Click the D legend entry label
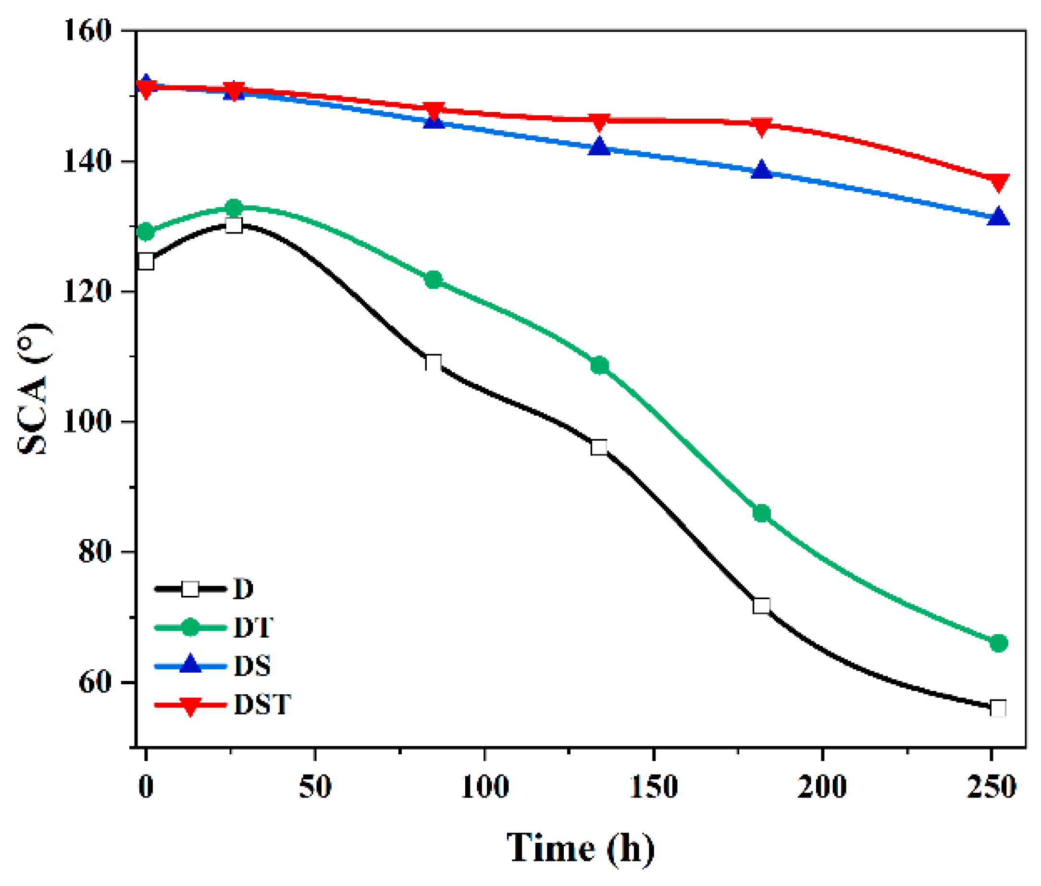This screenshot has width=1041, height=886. pos(243,589)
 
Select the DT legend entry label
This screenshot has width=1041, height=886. pos(253,628)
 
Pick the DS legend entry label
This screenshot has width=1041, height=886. pos(252,665)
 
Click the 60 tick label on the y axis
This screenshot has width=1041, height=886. pos(95,683)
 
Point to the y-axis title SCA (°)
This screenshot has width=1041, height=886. pos(34,389)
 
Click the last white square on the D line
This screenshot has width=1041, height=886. pos(998,709)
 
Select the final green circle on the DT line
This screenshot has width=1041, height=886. pos(998,643)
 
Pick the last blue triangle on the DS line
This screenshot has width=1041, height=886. pos(998,217)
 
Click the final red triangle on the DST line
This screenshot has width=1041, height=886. pos(998,182)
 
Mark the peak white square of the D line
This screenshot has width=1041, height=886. pos(234,225)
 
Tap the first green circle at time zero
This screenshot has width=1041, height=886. pos(146,232)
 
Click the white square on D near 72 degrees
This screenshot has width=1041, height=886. pos(762,605)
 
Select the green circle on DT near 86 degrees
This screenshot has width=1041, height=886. pos(762,514)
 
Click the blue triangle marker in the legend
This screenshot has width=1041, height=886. pos(190,665)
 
